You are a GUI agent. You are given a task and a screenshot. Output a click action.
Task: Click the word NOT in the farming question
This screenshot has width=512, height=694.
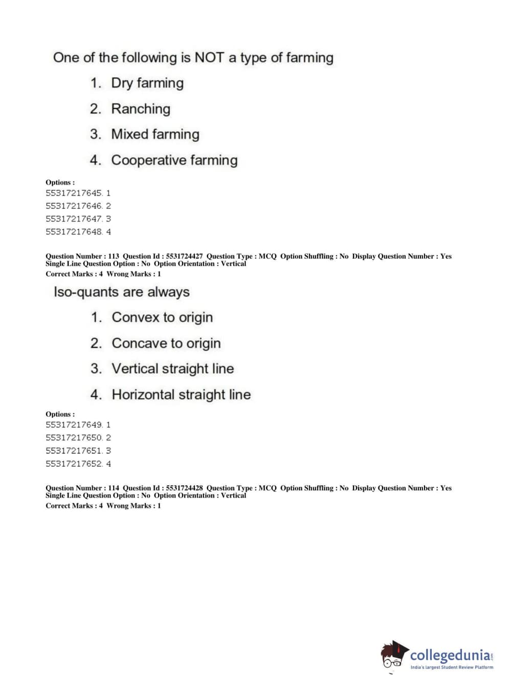pos(209,57)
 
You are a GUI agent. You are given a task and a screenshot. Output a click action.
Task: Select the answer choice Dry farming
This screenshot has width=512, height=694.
pos(147,83)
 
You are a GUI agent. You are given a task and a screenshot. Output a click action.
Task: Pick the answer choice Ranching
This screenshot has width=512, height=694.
pos(141,109)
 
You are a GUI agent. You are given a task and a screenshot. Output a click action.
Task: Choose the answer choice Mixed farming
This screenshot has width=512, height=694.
pos(155,134)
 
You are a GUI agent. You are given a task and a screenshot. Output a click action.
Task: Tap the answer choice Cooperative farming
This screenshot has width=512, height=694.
pos(174,160)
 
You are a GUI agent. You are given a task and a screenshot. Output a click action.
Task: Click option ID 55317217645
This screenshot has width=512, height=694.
pos(74,193)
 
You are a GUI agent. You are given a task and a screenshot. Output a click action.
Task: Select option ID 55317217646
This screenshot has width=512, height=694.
pos(74,206)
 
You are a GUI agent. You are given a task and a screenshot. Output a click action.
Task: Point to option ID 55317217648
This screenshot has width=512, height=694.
pos(74,232)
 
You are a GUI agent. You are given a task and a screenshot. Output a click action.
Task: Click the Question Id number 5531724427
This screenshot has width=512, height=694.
pos(184,256)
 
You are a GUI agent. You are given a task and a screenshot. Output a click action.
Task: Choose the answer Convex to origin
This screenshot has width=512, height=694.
pos(162,317)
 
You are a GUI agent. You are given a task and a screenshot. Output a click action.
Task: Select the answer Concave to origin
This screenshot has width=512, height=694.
pos(166,343)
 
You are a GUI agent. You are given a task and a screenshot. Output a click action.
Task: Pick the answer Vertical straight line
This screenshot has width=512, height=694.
pos(173,368)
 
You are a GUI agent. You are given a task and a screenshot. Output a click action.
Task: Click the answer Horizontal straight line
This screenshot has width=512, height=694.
pos(181,395)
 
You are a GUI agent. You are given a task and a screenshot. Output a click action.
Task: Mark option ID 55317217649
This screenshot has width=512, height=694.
pos(74,425)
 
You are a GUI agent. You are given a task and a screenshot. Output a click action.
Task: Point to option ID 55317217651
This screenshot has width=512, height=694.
pos(74,451)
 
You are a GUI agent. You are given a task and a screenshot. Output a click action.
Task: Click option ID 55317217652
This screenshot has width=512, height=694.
pos(74,464)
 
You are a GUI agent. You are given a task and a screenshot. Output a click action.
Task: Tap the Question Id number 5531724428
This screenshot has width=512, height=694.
pos(184,488)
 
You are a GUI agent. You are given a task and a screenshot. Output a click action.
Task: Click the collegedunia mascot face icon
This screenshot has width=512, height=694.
pos(393,655)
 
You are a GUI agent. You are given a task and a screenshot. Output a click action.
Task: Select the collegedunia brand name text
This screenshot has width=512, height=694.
pos(450,655)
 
